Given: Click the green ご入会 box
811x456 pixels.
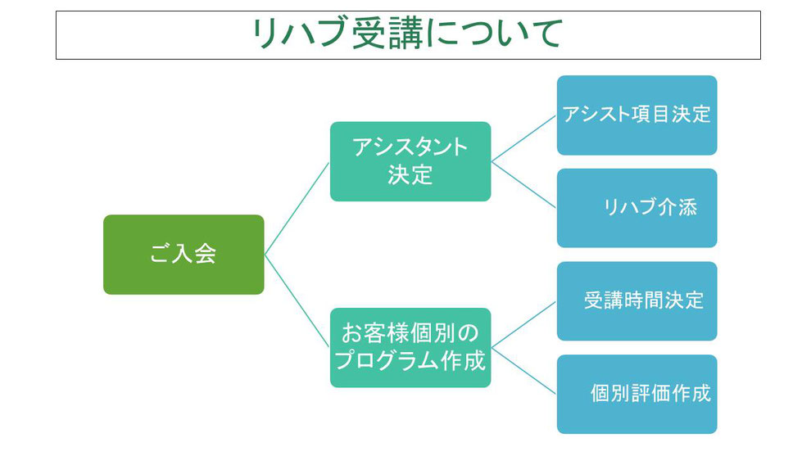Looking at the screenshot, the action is coord(183,255).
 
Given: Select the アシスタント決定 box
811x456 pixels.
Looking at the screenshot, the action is coord(410,161).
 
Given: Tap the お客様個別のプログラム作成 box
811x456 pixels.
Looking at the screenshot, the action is coord(410,347).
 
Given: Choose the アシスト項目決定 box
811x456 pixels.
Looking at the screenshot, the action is coord(637,115).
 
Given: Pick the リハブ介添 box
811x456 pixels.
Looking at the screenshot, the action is coord(637,208).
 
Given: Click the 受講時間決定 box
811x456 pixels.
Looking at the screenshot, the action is coord(637,301).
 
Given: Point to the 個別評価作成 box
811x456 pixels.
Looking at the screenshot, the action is coord(637,394).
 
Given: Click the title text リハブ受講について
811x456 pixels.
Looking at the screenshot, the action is coord(407,34).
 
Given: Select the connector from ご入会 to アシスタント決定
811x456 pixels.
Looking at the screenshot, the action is coord(297,208).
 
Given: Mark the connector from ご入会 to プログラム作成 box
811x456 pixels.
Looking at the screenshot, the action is coord(297,301).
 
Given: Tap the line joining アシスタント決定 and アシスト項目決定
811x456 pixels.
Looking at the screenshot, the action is coord(523,138).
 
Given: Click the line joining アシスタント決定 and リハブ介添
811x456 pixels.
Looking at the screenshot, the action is coord(523,184).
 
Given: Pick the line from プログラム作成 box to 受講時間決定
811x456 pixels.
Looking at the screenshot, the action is coord(523,324).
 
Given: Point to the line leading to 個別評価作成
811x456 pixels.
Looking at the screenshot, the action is coord(523,371).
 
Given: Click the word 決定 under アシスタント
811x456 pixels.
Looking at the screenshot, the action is coord(410,174).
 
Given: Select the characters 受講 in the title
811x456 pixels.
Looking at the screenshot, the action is coord(387,34).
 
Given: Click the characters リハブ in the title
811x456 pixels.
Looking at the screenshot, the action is coord(298,34).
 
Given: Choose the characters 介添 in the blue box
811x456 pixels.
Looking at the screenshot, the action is coord(677,207).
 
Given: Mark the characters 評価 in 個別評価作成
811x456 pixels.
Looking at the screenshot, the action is coord(650,394).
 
